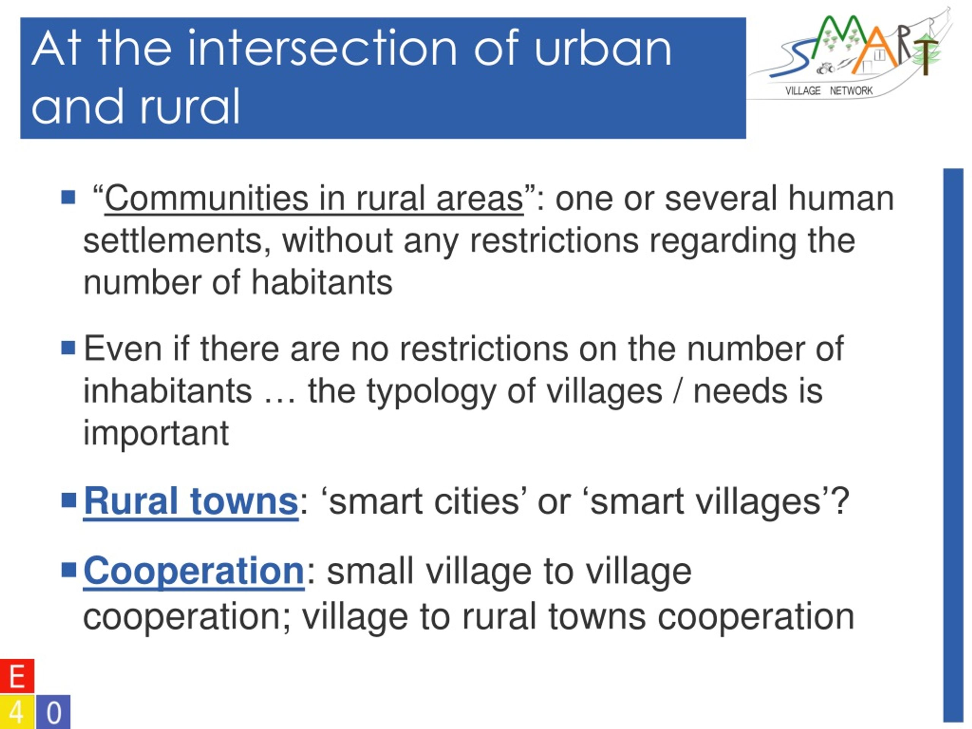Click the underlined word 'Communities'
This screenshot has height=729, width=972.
(x=207, y=198)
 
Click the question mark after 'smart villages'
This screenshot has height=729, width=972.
(x=840, y=500)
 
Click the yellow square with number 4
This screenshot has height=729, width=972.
(x=17, y=712)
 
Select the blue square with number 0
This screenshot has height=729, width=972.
(x=53, y=712)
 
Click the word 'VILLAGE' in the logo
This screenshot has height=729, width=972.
(x=803, y=91)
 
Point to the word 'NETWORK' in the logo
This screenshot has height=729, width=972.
(x=851, y=91)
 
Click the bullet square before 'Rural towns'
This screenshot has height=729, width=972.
(x=69, y=500)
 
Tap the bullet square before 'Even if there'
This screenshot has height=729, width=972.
(x=69, y=347)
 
